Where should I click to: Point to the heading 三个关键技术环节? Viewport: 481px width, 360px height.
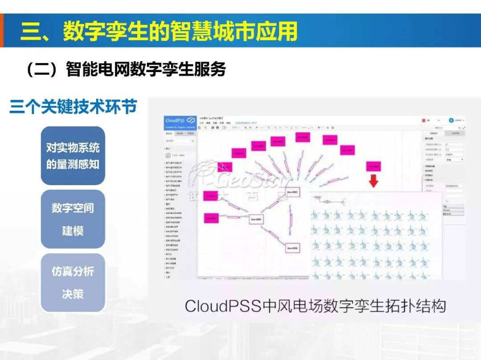point(73,107)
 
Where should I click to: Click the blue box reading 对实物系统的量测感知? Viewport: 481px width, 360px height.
point(73,156)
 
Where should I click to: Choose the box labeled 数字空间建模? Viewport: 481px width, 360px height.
point(73,219)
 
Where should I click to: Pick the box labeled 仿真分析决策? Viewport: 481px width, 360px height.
point(73,283)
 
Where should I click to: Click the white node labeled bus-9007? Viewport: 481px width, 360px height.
point(257,220)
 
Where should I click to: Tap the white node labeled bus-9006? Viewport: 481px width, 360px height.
point(292,247)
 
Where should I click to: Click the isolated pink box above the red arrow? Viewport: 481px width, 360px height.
point(373,167)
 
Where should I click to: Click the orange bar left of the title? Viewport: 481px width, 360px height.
point(2,30)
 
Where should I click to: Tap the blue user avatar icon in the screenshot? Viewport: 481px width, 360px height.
point(451,120)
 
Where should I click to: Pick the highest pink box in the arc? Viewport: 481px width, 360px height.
point(303,138)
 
